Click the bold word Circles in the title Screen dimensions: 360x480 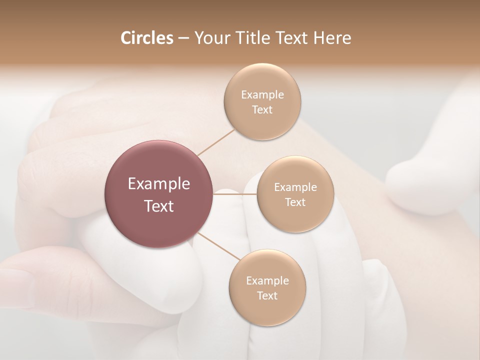pyautogui.click(x=147, y=38)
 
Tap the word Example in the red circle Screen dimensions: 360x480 pyautogui.click(x=159, y=184)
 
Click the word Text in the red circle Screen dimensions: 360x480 pyautogui.click(x=159, y=206)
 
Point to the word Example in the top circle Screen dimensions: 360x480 pyautogui.click(x=262, y=95)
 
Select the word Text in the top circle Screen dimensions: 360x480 pyautogui.click(x=262, y=110)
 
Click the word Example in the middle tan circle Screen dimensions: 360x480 pyautogui.click(x=295, y=187)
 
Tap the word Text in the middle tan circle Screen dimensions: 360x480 pyautogui.click(x=295, y=202)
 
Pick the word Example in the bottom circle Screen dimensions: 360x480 pyautogui.click(x=267, y=281)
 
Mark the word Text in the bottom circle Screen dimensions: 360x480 pyautogui.click(x=267, y=296)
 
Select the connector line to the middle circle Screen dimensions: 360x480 pyautogui.click(x=235, y=193)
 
